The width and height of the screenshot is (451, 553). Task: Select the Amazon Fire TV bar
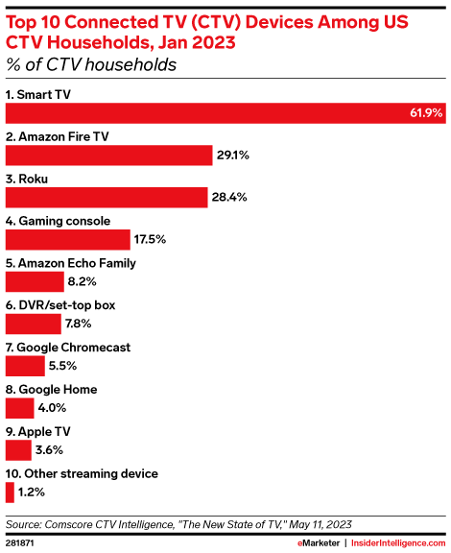tap(108, 155)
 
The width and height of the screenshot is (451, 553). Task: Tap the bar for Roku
tap(107, 197)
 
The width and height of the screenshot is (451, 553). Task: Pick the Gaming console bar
tap(68, 239)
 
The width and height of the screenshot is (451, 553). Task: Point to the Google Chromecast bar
tap(25, 366)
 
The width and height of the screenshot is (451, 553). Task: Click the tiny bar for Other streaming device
tap(10, 493)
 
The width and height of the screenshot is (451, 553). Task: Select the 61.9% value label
tap(425, 113)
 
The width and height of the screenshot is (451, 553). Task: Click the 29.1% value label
tap(235, 156)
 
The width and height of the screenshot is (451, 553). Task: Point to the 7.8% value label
tap(82, 325)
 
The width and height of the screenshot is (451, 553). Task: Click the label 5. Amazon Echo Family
tap(70, 262)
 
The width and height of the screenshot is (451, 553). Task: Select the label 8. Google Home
tap(52, 389)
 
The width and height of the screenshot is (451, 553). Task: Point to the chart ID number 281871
tap(21, 542)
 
